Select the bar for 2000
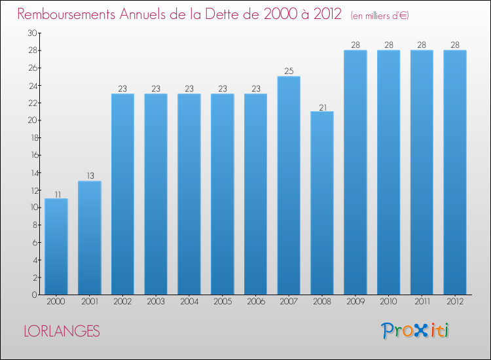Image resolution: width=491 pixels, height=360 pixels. click(x=56, y=246)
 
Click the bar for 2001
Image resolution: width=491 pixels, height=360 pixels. click(x=90, y=238)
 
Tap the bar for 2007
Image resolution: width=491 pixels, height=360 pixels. click(x=289, y=185)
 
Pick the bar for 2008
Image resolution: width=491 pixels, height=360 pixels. click(x=322, y=203)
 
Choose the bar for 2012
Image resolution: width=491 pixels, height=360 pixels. click(x=455, y=172)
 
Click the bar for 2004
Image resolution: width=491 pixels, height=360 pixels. click(x=189, y=194)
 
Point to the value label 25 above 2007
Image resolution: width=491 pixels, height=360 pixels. click(x=289, y=71)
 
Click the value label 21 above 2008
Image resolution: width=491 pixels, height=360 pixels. click(x=323, y=107)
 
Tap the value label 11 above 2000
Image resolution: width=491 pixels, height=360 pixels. click(x=58, y=194)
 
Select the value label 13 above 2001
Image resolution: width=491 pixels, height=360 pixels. click(x=90, y=175)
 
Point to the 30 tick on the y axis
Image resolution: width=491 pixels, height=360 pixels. click(x=32, y=33)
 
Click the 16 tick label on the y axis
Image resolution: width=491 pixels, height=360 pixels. click(x=34, y=155)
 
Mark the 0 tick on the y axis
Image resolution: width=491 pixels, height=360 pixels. click(x=35, y=295)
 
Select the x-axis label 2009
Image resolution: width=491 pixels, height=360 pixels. click(x=355, y=302)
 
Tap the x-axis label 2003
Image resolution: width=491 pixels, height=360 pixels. click(x=156, y=302)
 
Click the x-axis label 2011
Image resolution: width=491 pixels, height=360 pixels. click(x=422, y=302)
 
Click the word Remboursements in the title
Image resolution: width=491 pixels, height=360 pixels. click(x=66, y=14)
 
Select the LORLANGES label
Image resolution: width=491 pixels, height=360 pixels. click(x=62, y=331)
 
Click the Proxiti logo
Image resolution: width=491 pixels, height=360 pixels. click(x=415, y=331)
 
